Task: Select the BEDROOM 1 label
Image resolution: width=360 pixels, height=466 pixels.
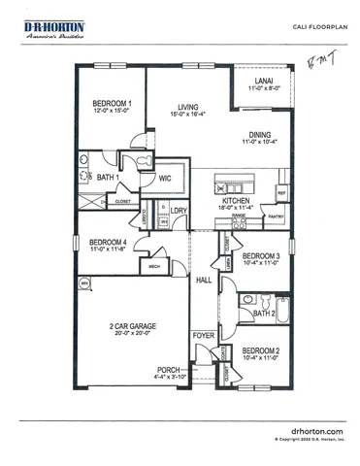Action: [112, 103]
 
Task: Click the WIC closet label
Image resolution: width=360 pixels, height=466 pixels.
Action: [165, 179]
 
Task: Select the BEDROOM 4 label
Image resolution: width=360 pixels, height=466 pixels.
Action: [109, 243]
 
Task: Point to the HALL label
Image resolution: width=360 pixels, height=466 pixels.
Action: [204, 280]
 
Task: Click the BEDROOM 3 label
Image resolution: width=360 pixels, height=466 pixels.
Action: [261, 255]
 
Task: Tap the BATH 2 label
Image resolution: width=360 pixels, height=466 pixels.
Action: [263, 314]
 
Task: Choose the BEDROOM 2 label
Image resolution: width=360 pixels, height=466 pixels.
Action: [261, 349]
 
